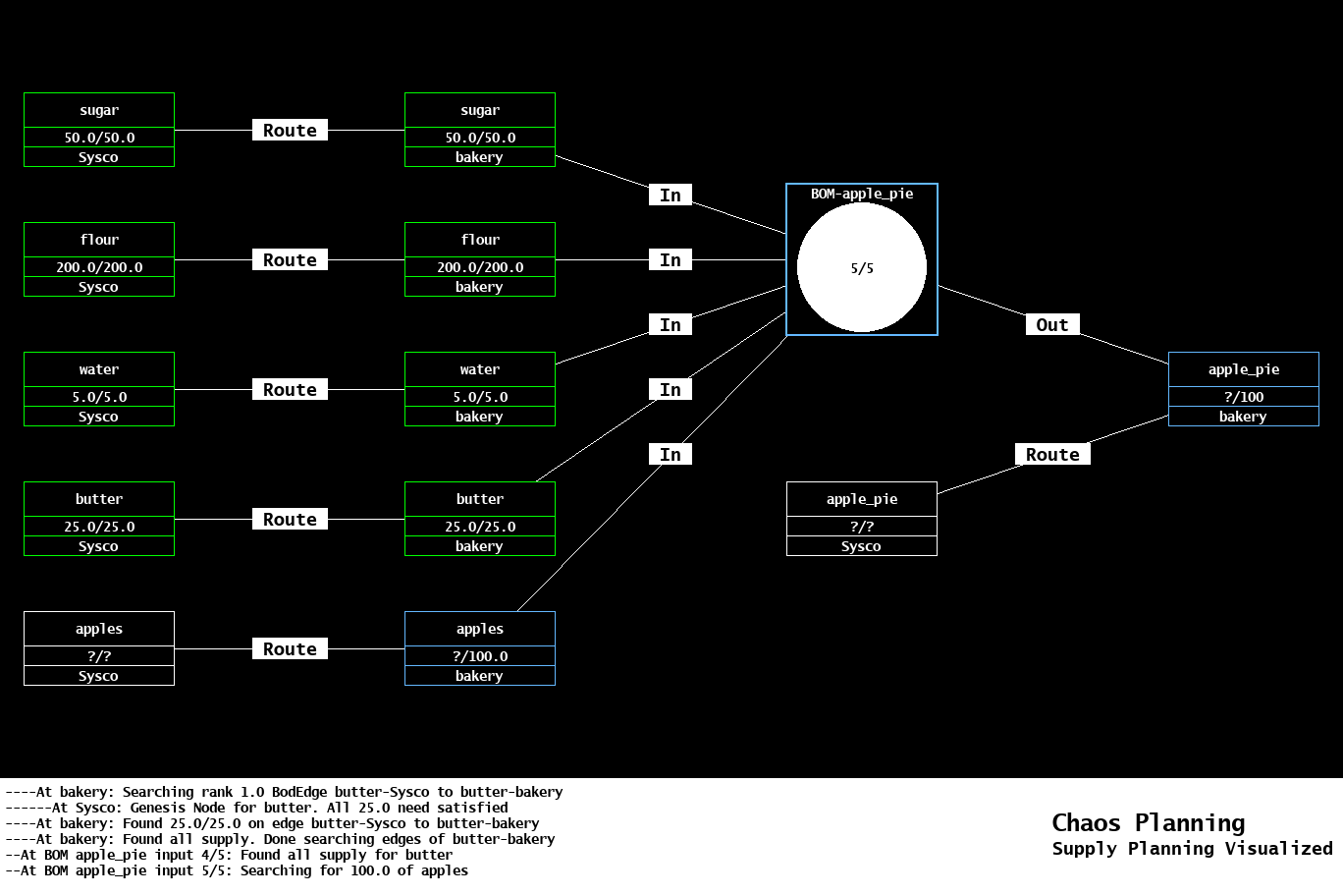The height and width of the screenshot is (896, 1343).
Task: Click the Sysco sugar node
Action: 99,130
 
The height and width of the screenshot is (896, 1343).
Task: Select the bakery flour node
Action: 480,259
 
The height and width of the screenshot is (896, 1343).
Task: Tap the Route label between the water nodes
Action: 290,389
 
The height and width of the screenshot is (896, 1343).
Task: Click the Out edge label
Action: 1052,325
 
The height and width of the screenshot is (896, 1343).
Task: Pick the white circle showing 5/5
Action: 862,267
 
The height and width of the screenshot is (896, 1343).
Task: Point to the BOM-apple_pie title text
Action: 862,194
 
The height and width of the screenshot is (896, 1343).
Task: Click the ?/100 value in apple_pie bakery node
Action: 1244,397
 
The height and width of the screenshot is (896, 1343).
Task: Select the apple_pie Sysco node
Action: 862,519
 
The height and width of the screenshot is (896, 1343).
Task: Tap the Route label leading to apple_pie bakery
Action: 1052,454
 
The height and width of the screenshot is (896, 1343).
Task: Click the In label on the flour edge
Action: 671,259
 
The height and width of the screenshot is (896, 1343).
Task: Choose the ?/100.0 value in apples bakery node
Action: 480,656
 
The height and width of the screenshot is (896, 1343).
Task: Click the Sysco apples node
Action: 99,648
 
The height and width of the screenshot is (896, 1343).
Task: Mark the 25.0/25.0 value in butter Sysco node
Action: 99,527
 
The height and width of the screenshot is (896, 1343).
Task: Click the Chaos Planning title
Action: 1148,822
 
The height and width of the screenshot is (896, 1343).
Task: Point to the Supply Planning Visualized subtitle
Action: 1192,849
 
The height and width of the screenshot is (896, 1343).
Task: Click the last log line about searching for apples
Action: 237,870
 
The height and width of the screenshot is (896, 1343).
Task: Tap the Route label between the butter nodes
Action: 290,519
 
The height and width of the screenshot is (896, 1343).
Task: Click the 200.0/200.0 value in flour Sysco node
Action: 99,267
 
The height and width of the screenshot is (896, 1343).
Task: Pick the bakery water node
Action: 480,389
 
